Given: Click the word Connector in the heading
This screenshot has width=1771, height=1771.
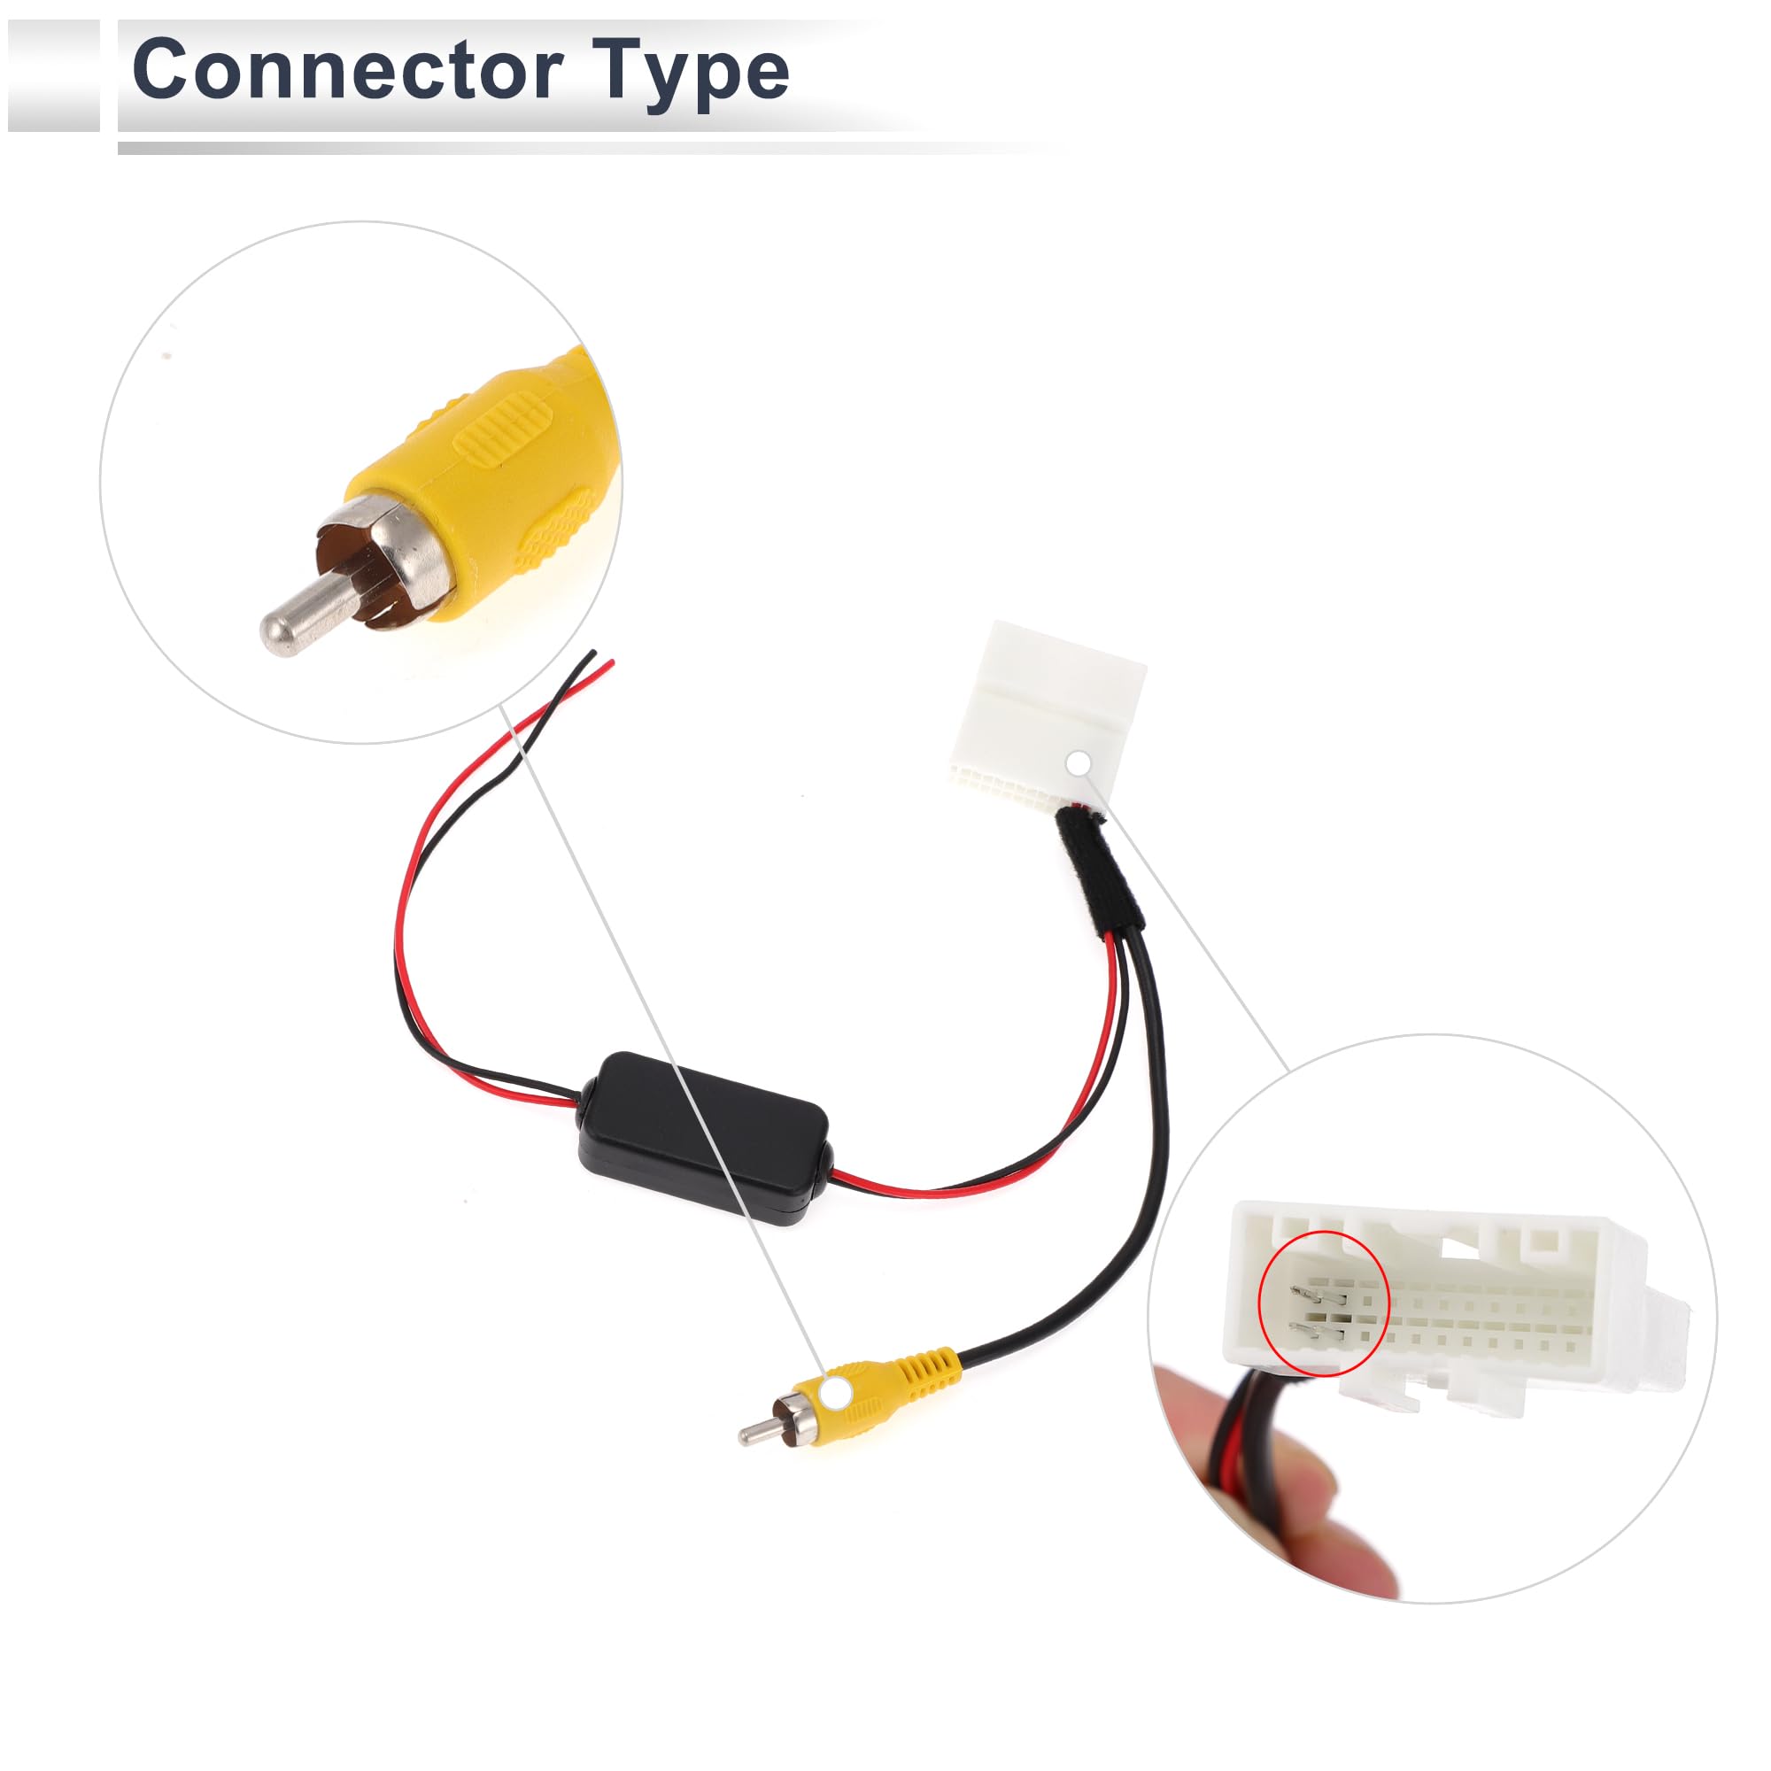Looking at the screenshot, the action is (x=346, y=71).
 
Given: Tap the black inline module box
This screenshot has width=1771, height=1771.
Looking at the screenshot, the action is (x=703, y=1137).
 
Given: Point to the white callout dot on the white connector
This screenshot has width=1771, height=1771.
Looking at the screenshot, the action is (x=1079, y=762).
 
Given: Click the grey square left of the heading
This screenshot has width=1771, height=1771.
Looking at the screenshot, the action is (x=53, y=75).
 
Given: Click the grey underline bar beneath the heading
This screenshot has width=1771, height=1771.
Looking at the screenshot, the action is (x=587, y=148).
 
